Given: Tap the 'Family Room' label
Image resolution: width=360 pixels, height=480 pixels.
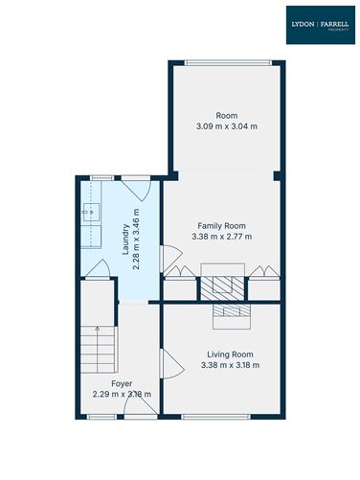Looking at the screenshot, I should pos(221,225).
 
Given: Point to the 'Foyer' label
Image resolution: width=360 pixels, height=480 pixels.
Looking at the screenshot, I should pos(122,383).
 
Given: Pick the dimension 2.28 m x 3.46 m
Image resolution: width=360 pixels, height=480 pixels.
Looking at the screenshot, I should pos(136,240).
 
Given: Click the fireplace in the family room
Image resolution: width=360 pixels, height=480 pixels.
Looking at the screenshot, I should pos(223,286).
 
